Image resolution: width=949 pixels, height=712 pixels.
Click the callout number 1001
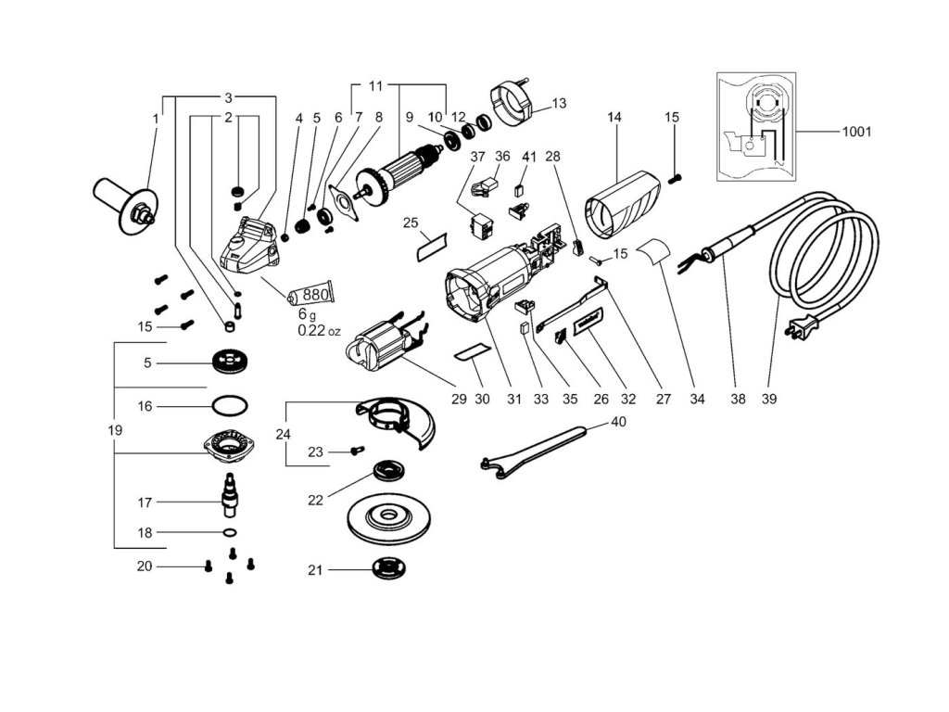(856, 132)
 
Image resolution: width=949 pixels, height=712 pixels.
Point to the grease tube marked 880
(310, 296)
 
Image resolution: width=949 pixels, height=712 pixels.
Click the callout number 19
(115, 430)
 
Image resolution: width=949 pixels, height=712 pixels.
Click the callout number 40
(618, 421)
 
